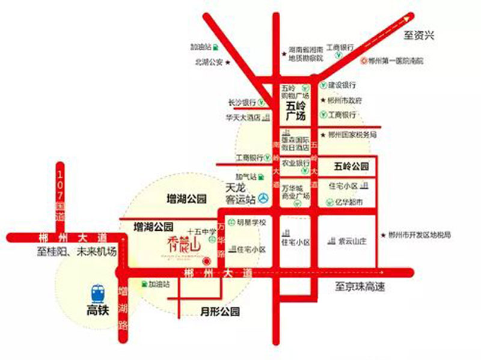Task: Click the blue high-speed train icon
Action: click(x=97, y=293)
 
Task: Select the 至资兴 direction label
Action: click(x=418, y=36)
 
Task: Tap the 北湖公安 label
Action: click(x=208, y=61)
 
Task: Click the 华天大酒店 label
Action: click(x=243, y=118)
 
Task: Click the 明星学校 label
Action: click(x=252, y=222)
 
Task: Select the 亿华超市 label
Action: click(x=350, y=203)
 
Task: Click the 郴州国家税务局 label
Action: click(x=354, y=135)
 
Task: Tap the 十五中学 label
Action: click(x=201, y=231)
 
